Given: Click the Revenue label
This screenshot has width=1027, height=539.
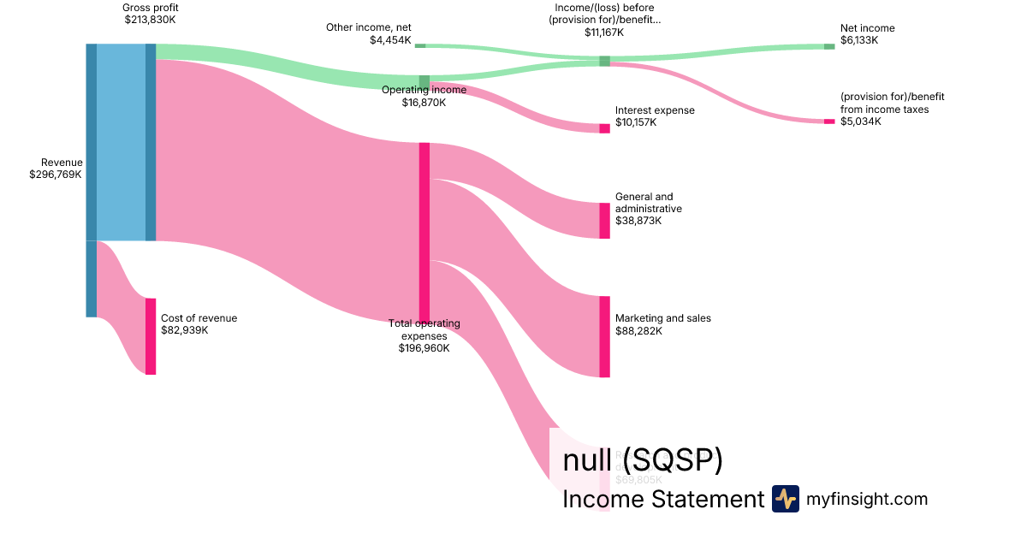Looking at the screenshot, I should click(x=62, y=163).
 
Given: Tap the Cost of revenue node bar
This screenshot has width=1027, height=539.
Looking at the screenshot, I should click(x=151, y=336).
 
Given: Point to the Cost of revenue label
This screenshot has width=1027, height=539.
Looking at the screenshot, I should click(x=199, y=318).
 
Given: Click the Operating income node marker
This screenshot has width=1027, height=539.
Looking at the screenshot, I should click(x=424, y=82).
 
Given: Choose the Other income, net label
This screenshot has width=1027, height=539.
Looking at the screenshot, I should click(x=369, y=27).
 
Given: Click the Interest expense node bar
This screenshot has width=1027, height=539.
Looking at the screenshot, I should click(x=604, y=128).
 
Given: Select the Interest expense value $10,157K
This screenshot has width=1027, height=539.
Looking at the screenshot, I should click(x=636, y=122).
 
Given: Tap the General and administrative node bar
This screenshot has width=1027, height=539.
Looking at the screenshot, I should click(x=604, y=221).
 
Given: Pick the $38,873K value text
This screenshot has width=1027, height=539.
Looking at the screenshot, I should click(x=638, y=221).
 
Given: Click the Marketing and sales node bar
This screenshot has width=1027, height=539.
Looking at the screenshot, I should click(x=604, y=336).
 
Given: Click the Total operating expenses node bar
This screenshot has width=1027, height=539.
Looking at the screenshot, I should click(x=424, y=232).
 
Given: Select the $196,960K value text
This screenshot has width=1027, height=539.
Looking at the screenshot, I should click(x=424, y=348).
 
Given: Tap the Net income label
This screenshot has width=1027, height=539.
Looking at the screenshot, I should click(x=867, y=28).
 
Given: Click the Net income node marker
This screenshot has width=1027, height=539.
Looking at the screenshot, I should click(x=828, y=46).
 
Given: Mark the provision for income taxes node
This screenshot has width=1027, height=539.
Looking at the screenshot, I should click(x=828, y=121).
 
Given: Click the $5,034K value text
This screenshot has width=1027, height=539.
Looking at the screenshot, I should click(x=860, y=121).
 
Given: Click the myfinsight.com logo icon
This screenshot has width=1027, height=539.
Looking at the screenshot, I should click(x=785, y=499).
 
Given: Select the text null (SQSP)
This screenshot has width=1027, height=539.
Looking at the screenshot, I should click(x=643, y=460).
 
